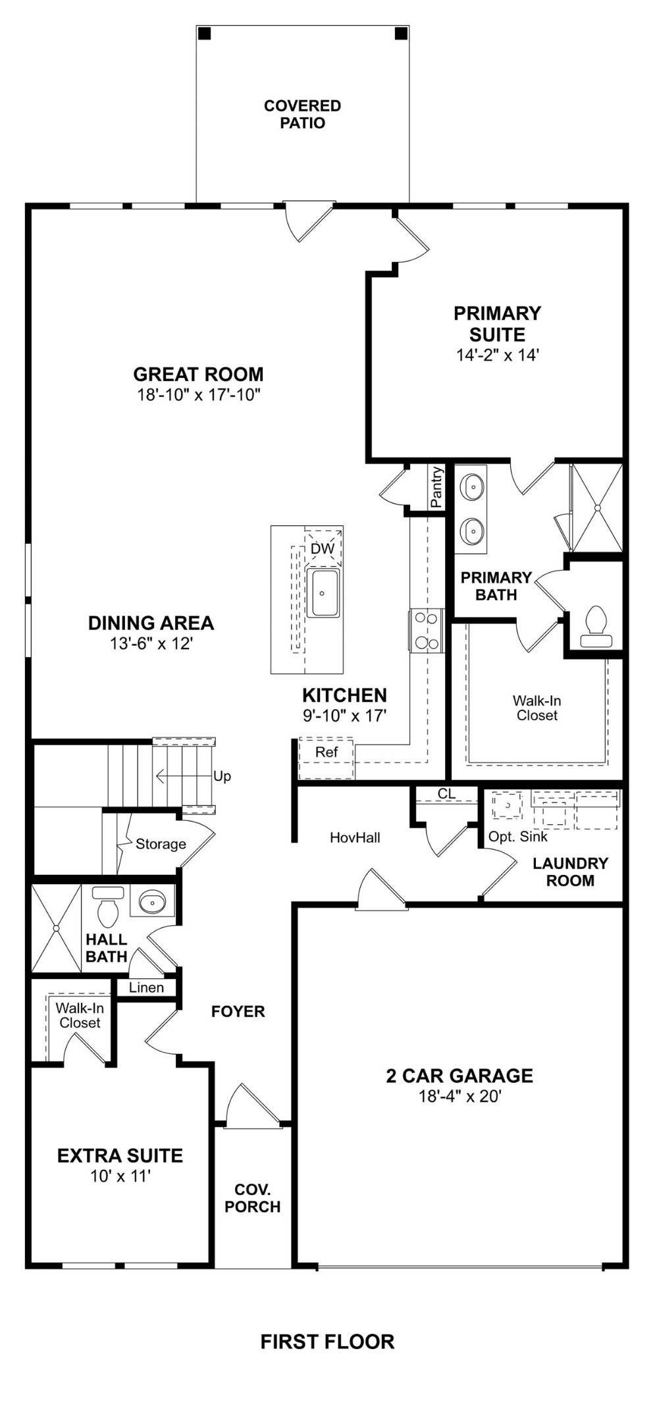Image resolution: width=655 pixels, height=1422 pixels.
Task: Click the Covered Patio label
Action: [x=302, y=115]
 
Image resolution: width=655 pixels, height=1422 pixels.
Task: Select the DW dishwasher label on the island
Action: [x=322, y=548]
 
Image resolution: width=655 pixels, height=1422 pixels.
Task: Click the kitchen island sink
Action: [x=323, y=592]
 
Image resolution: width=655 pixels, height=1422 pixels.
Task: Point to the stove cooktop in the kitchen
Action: [x=425, y=631]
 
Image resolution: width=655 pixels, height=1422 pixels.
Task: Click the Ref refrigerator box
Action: [x=327, y=752]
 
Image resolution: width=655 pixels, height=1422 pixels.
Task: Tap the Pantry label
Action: [x=436, y=487]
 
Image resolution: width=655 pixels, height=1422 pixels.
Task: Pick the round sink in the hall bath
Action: [x=153, y=901]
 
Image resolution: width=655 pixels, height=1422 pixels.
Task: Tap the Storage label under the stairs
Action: [x=161, y=844]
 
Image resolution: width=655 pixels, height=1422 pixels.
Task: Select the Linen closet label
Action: [x=146, y=987]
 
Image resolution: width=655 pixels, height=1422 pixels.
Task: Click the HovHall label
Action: [x=355, y=837]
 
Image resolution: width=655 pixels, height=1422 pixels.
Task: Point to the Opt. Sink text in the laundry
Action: [x=517, y=836]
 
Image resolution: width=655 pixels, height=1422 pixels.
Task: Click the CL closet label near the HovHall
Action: [x=446, y=794]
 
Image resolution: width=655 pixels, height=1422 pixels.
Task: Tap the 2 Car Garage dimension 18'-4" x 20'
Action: [x=460, y=1096]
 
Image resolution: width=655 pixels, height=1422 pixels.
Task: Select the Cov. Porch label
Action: [x=253, y=1198]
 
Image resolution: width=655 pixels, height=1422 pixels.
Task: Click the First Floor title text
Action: [x=327, y=1342]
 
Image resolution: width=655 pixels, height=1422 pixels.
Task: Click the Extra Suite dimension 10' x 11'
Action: [x=120, y=1176]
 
